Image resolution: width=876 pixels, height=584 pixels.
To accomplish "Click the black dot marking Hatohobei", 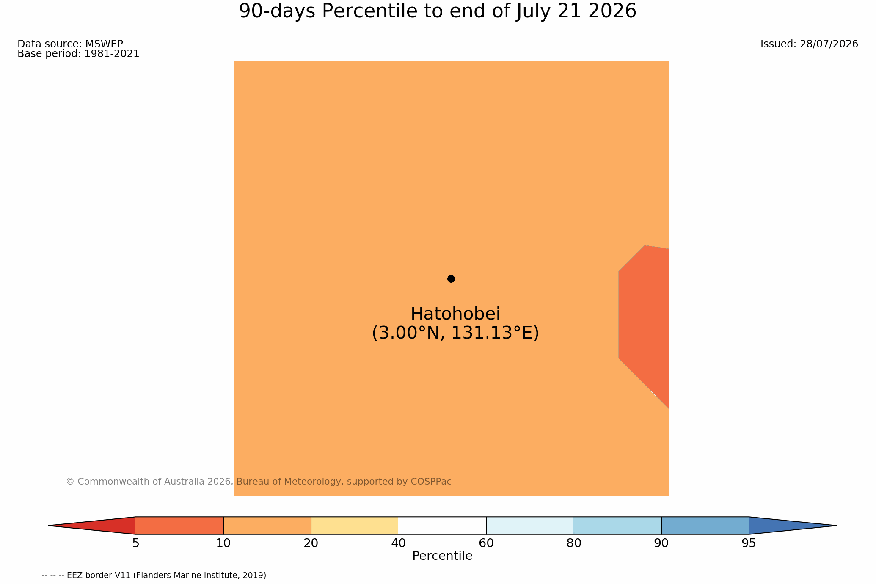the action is (451, 279).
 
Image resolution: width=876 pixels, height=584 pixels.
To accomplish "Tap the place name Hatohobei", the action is (455, 314).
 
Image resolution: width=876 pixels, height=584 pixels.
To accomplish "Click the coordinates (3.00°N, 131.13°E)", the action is (455, 333).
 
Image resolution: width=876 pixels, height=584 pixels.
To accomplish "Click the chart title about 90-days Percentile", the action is (438, 11).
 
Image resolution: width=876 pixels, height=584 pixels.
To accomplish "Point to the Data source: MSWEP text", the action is (70, 44).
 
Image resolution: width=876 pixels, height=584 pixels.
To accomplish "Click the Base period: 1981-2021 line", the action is (78, 54).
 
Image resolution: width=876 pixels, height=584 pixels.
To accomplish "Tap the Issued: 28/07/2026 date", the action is (809, 44).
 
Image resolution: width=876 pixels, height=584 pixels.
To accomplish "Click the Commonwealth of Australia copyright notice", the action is (259, 482).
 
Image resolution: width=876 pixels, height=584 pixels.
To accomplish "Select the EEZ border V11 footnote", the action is (154, 576).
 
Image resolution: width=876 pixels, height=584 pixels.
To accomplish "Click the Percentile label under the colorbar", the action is (442, 556).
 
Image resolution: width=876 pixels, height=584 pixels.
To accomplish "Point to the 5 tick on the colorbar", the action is (136, 543).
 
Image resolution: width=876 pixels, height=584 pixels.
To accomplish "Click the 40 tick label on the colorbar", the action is (399, 543).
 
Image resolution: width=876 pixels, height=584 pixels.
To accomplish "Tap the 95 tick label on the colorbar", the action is (749, 543).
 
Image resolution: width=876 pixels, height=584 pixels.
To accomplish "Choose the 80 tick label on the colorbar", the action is (574, 543).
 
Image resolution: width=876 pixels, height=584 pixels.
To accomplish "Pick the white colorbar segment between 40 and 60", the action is (442, 526).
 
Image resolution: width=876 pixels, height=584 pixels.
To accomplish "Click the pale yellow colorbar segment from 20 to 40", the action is (355, 526).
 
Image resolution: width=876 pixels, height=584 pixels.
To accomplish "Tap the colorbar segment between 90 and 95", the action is (705, 526).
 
